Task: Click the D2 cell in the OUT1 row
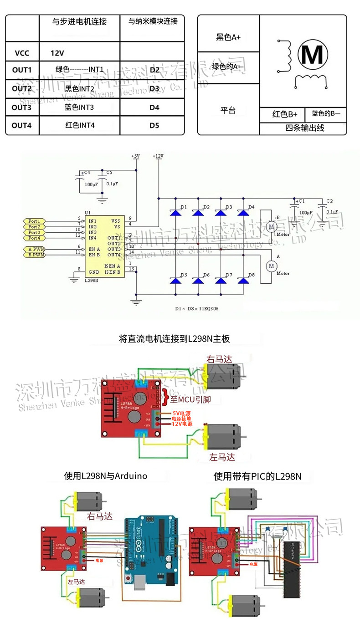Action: tap(154, 70)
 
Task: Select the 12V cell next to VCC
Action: tap(57, 53)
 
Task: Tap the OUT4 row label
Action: tap(21, 125)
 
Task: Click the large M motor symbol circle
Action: tap(313, 54)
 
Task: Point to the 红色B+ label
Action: tap(285, 114)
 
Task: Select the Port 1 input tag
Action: tap(34, 221)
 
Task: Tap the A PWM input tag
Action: tap(34, 249)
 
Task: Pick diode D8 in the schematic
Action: tap(244, 281)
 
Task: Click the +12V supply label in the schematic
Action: tap(158, 156)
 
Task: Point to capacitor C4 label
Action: tap(86, 173)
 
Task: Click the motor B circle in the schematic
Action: tap(271, 226)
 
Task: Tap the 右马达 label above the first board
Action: tap(219, 359)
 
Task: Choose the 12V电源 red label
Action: tap(182, 424)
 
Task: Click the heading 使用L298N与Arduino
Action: tap(106, 476)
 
